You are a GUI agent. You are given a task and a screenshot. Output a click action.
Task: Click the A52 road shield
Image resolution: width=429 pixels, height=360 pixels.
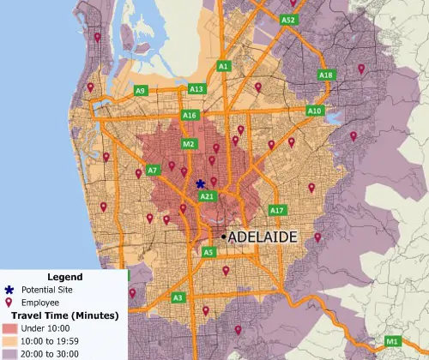pyautogui.click(x=288, y=20)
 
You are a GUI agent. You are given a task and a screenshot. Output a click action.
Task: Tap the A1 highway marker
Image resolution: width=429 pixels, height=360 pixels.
pyautogui.click(x=224, y=65)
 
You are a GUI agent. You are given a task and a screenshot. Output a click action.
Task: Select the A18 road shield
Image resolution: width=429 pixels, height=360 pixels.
pyautogui.click(x=326, y=75)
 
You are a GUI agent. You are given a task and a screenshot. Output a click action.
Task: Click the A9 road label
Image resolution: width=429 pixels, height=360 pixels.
pyautogui.click(x=141, y=90)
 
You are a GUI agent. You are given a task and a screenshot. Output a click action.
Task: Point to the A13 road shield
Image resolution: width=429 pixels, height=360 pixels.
pyautogui.click(x=196, y=89)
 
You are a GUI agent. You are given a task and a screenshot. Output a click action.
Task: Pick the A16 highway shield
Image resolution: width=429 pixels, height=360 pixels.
pyautogui.click(x=190, y=115)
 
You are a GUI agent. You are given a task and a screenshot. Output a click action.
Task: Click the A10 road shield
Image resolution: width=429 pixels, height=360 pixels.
pyautogui.click(x=315, y=111)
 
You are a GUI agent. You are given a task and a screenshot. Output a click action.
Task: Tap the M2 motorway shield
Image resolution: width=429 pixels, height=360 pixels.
pyautogui.click(x=189, y=143)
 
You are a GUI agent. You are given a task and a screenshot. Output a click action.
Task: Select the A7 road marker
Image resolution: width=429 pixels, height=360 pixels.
pyautogui.click(x=153, y=171)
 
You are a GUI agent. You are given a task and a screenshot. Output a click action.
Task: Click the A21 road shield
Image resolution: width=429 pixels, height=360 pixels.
pyautogui.click(x=207, y=196)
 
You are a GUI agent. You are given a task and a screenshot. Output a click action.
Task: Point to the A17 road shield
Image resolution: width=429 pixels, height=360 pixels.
pyautogui.click(x=276, y=210)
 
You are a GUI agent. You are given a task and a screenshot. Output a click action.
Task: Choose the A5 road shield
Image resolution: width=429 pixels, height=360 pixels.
pyautogui.click(x=208, y=252)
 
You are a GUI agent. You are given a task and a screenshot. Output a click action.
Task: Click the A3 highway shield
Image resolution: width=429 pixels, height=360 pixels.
pyautogui.click(x=178, y=297)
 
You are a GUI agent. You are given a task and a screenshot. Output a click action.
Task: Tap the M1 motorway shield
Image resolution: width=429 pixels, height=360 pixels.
pyautogui.click(x=393, y=342)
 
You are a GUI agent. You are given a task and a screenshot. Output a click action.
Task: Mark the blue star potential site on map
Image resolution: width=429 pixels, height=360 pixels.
pyautogui.click(x=200, y=183)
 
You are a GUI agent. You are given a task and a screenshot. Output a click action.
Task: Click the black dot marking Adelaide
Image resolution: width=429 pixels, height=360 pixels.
pyautogui.click(x=223, y=236)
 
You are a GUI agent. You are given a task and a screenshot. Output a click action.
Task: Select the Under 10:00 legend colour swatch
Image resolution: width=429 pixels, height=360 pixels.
pyautogui.click(x=9, y=327)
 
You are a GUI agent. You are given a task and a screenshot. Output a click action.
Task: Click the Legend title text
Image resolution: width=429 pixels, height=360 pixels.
pyautogui.click(x=64, y=277)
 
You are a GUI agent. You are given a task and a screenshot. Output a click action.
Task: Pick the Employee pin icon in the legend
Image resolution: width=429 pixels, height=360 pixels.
pyautogui.click(x=9, y=302)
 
